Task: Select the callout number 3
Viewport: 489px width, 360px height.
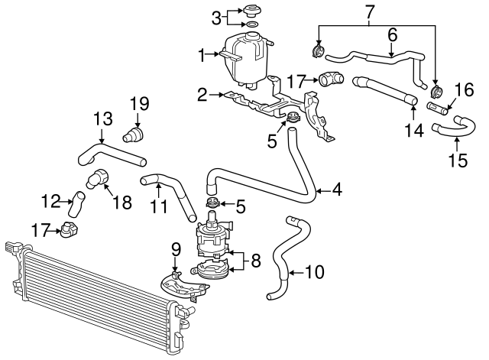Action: click(216, 17)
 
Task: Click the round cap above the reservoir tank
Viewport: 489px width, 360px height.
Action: click(251, 11)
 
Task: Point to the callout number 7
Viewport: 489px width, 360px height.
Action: click(370, 12)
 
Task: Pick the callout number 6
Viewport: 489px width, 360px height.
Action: click(392, 34)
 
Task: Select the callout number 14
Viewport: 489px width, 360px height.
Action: click(413, 131)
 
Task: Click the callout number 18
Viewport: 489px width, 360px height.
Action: click(121, 202)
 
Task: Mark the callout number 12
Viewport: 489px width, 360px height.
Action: click(50, 202)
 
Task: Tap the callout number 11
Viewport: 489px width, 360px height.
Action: click(157, 207)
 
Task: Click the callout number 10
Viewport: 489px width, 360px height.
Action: click(314, 271)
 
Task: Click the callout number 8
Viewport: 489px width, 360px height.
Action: click(255, 260)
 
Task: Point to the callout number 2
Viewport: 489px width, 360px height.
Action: click(202, 95)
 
